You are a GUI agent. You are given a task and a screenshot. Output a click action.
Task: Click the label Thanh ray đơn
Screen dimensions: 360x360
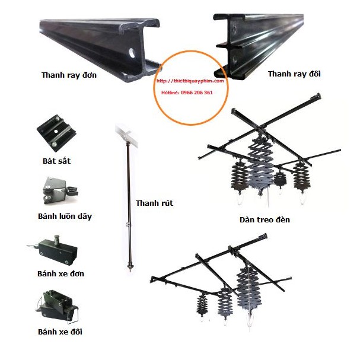(x=69, y=75)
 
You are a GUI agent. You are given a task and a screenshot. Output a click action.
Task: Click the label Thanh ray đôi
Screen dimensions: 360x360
(x=294, y=74)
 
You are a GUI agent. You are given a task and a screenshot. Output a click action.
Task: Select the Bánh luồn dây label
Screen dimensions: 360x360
(x=65, y=216)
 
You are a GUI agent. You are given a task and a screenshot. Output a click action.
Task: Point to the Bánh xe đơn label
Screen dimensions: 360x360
(x=60, y=273)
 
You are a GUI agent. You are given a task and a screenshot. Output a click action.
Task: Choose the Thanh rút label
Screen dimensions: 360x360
(x=154, y=203)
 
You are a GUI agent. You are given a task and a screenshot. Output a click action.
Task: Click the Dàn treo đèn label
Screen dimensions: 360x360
(x=265, y=220)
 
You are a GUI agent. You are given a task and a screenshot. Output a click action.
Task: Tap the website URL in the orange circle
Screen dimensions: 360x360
(x=190, y=81)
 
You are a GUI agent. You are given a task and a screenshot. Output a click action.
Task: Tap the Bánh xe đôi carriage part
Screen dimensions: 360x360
(x=56, y=304)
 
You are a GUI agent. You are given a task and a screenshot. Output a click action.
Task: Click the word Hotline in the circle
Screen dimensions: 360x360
(x=170, y=93)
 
